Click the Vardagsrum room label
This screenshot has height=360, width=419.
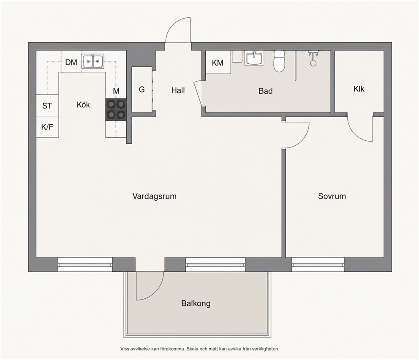[x=155, y=196]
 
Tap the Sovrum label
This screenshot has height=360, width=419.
[x=332, y=196]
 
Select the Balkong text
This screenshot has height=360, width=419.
[x=196, y=304]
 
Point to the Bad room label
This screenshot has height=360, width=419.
[x=265, y=91]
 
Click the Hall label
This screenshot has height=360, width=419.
[x=178, y=90]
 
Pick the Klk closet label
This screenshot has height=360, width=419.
[x=359, y=89]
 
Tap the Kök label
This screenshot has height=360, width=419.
[x=83, y=104]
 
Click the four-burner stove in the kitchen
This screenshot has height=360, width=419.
[x=116, y=109]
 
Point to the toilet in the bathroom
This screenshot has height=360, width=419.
[x=279, y=61]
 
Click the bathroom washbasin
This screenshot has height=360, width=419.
[x=254, y=58]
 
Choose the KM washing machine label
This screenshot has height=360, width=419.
[x=218, y=63]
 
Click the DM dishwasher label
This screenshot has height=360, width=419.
[x=71, y=62]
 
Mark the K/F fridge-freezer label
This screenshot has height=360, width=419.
[x=47, y=127]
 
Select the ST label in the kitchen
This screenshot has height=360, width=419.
[x=47, y=106]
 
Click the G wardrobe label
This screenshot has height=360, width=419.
[x=141, y=89]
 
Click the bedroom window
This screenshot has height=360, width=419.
[x=318, y=265]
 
